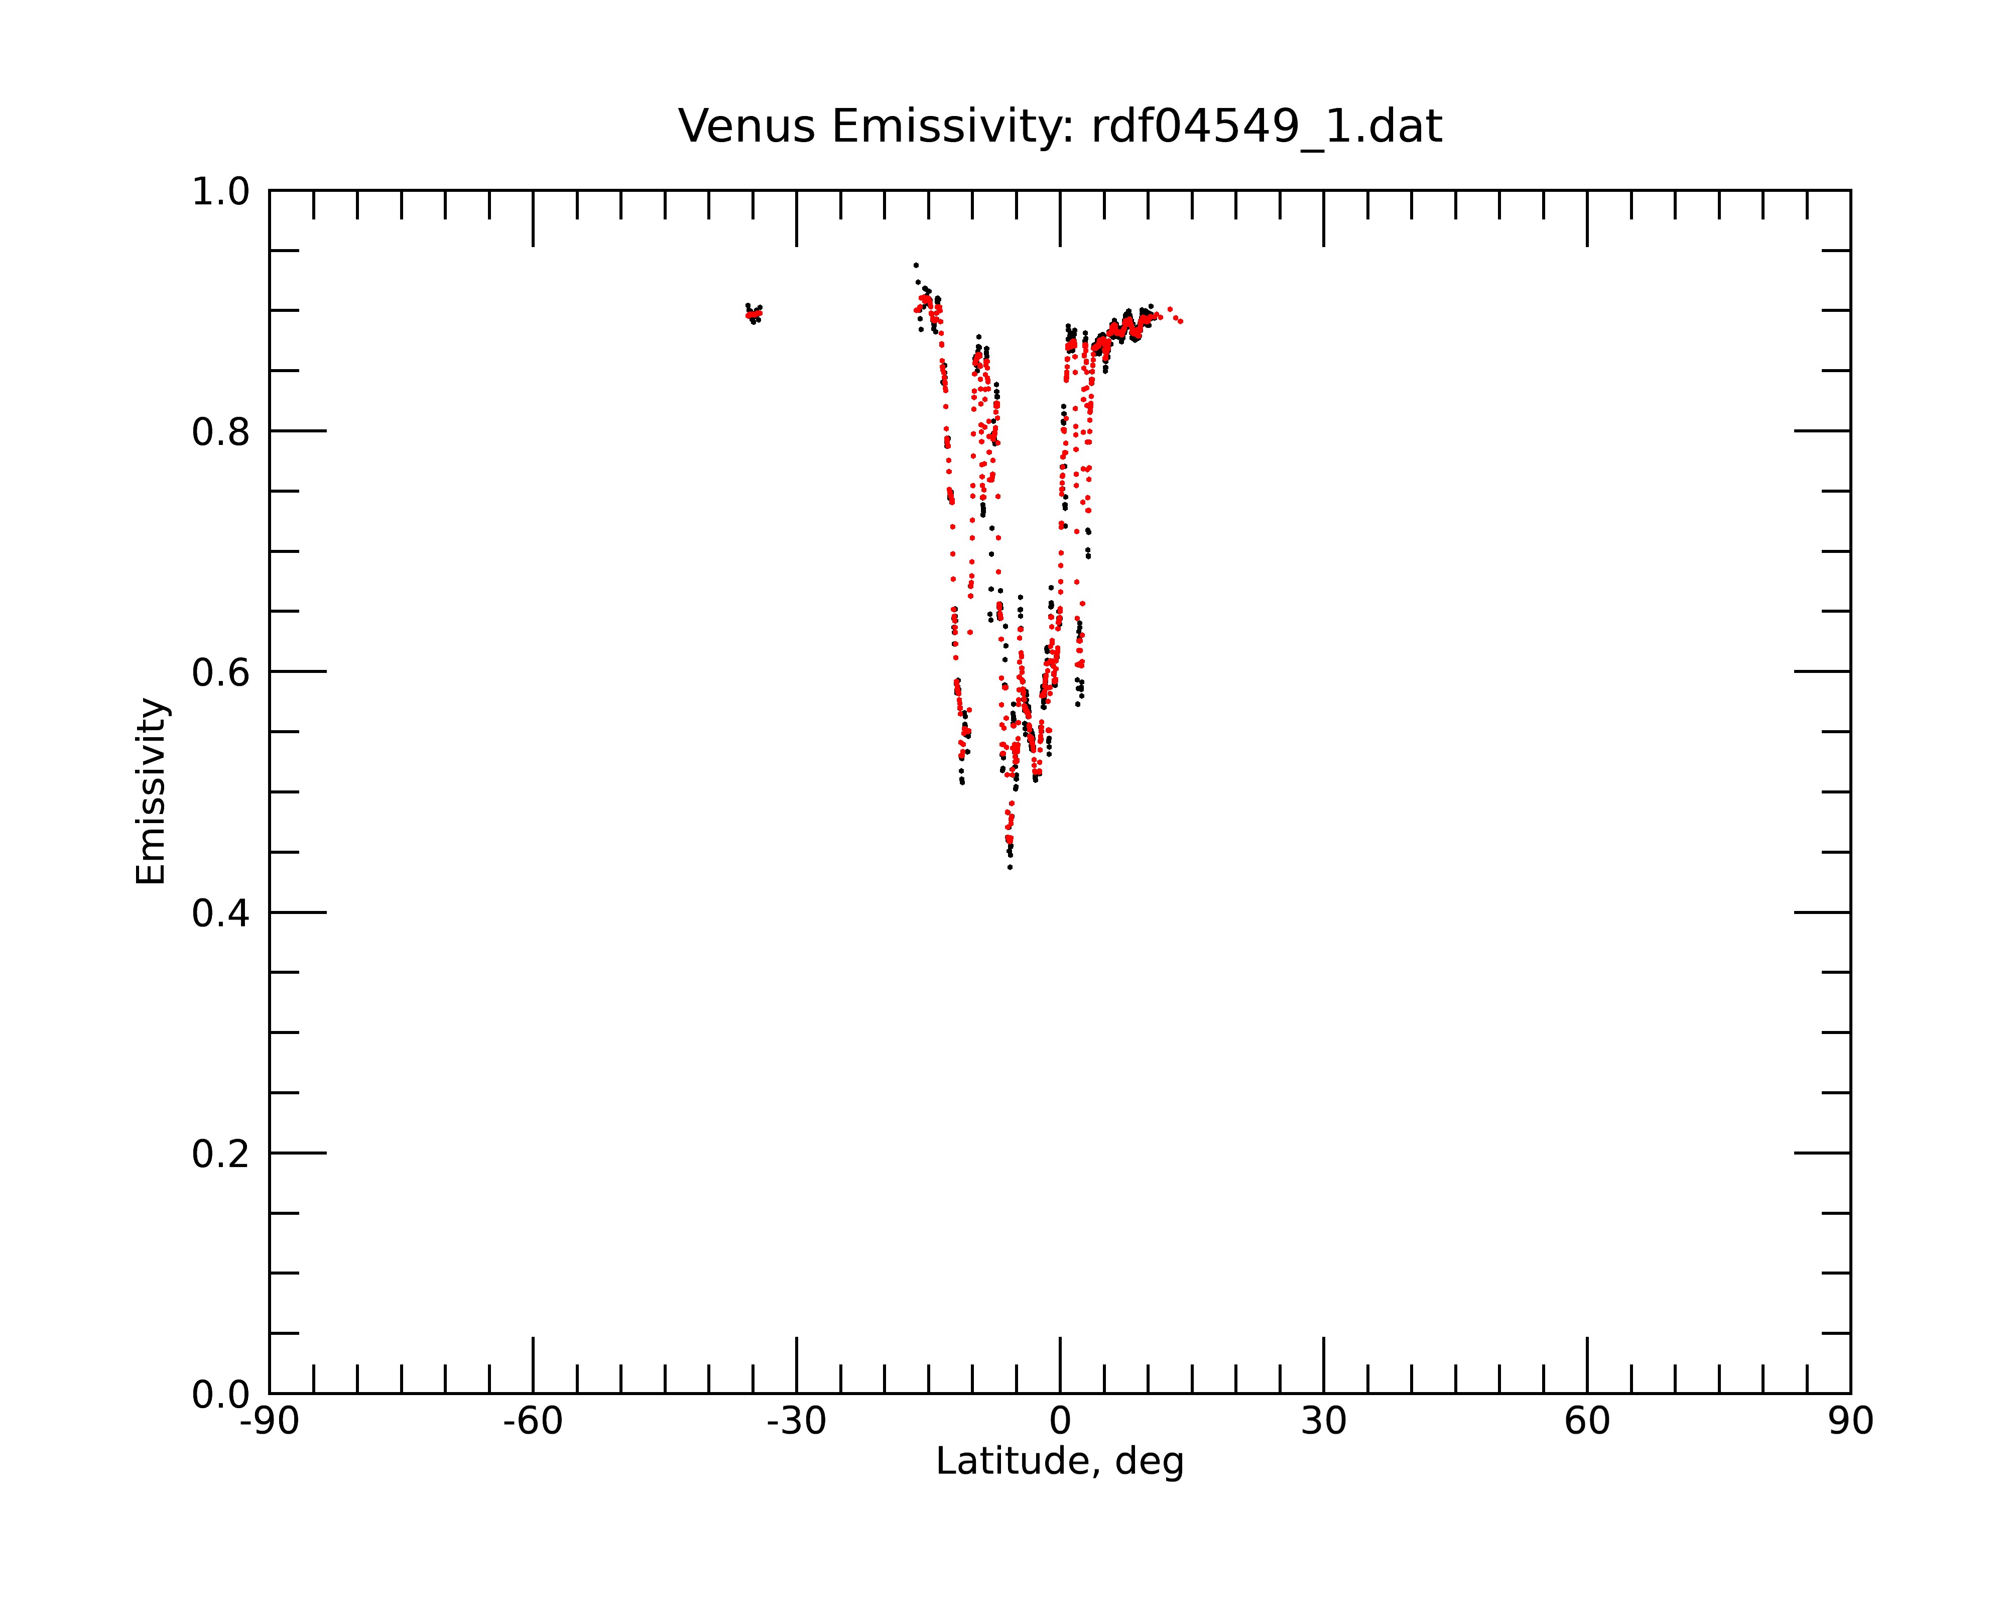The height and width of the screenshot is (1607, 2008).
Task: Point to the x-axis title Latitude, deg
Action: (x=1060, y=1461)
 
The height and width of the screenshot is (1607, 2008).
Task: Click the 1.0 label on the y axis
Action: (x=221, y=192)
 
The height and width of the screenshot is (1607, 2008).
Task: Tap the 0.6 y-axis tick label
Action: (x=221, y=672)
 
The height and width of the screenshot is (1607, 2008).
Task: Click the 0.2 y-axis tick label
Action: (x=221, y=1154)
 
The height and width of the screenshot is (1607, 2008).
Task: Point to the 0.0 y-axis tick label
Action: (x=221, y=1395)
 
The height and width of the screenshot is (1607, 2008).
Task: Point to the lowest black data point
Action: (x=1010, y=867)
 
